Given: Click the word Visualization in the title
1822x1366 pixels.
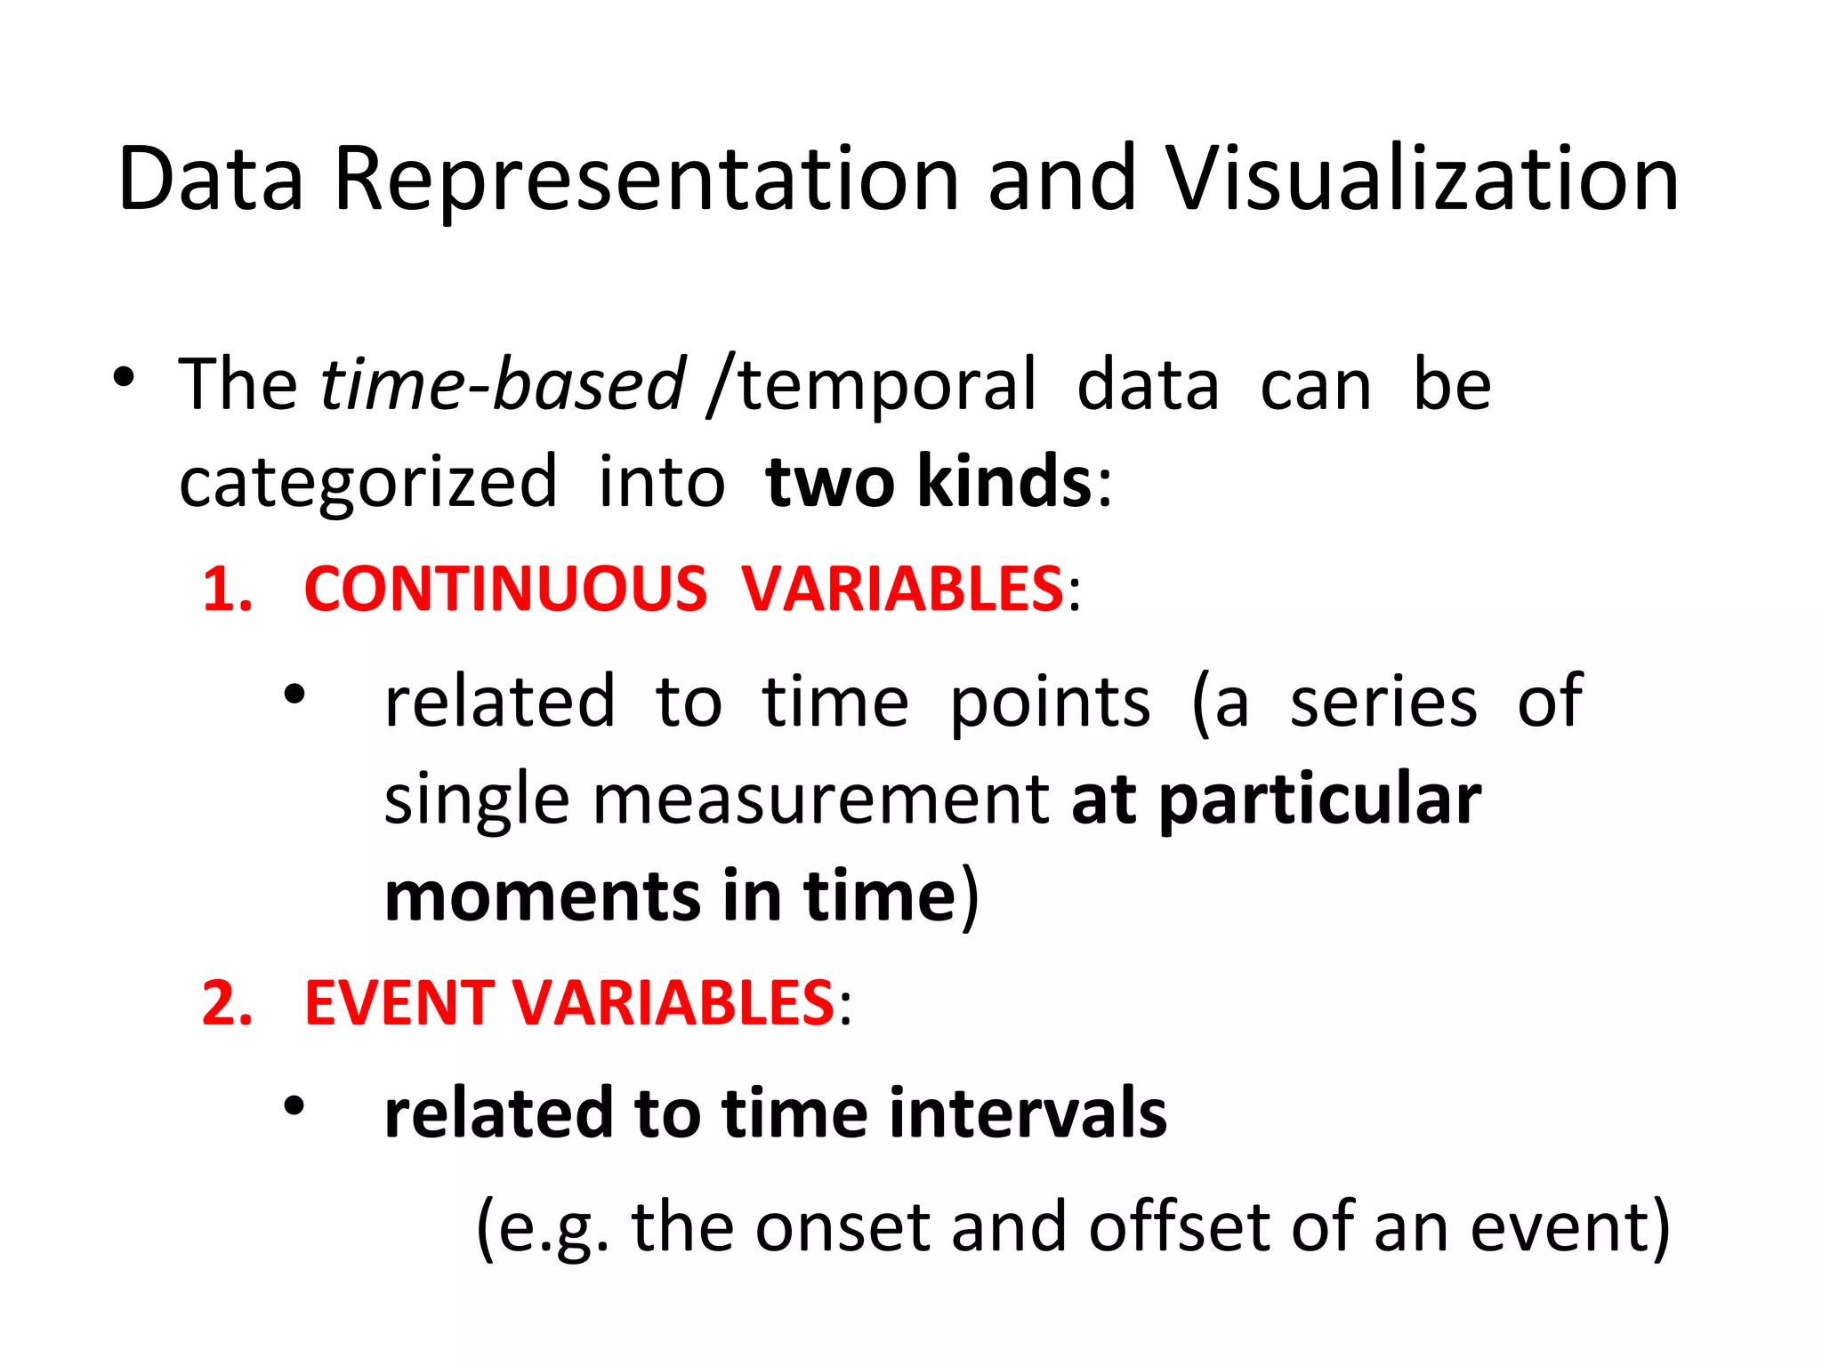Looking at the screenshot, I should [x=1422, y=180].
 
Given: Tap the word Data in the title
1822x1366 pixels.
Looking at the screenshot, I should [x=211, y=180].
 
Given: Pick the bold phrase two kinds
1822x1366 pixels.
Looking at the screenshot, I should [x=928, y=482].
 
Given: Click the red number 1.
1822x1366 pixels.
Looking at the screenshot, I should [x=226, y=589].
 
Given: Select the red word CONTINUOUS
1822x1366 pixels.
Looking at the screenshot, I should [x=505, y=589].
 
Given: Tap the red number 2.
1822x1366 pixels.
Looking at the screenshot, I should [x=226, y=1003].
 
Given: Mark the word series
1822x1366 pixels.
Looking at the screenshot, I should [x=1383, y=703].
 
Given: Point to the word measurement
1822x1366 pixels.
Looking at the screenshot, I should [x=821, y=800].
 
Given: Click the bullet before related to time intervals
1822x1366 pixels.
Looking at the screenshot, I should [x=294, y=1106].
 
